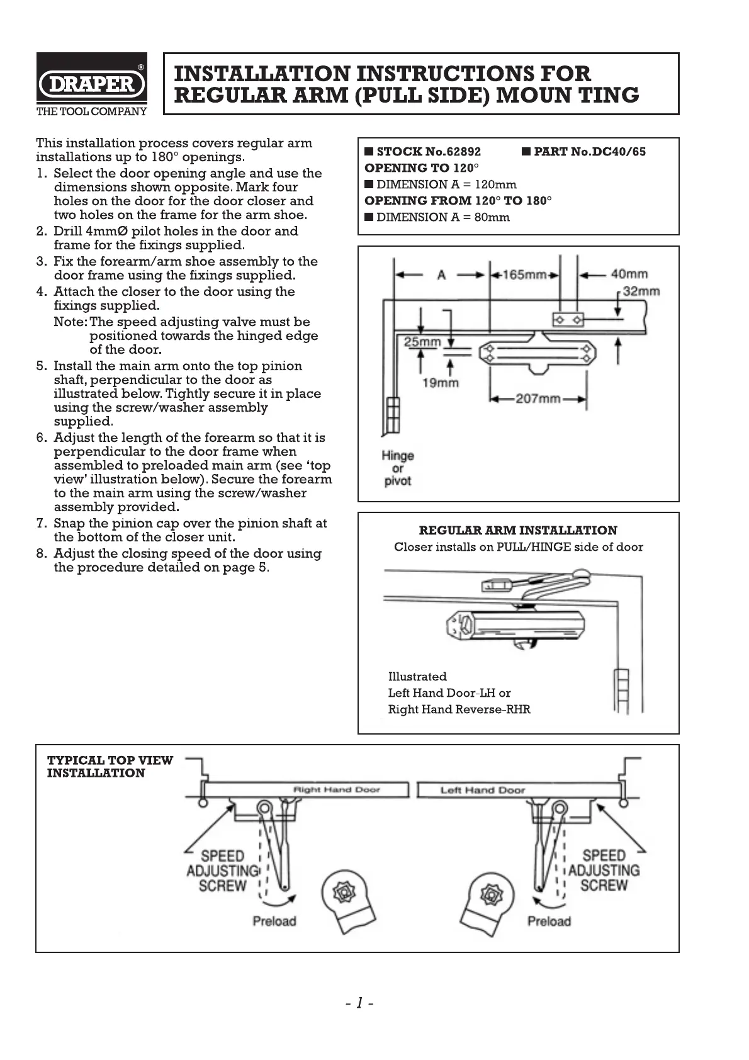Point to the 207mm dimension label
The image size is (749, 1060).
(x=538, y=398)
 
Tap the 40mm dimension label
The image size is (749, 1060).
(x=629, y=274)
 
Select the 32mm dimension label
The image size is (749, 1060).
(x=641, y=291)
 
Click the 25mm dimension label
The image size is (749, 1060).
(x=422, y=342)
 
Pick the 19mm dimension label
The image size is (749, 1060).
(x=440, y=382)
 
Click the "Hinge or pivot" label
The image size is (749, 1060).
(x=398, y=468)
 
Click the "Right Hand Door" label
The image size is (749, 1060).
(x=337, y=789)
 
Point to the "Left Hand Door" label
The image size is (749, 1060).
(x=482, y=789)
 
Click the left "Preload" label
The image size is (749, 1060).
(x=274, y=921)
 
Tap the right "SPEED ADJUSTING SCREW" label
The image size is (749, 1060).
(x=604, y=871)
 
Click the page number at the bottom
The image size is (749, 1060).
(x=359, y=1003)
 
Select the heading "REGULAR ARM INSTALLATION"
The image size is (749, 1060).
(x=518, y=530)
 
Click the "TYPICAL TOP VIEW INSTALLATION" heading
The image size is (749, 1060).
(x=110, y=766)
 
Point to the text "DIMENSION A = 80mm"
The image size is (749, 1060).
(x=442, y=217)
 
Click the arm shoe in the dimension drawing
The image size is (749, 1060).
(x=568, y=320)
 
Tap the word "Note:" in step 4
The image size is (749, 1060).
(x=70, y=322)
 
